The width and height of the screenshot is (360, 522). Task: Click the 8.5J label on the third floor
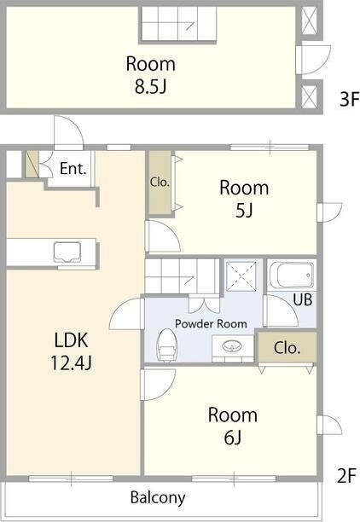click(x=150, y=86)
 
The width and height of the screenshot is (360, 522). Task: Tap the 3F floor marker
click(x=350, y=99)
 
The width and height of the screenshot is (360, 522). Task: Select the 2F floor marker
click(x=346, y=475)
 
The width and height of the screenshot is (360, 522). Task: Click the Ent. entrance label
click(x=73, y=168)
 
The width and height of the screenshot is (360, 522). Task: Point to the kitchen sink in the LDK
click(x=67, y=252)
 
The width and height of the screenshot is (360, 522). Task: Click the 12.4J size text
click(x=71, y=362)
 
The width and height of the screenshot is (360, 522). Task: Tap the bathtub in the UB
click(x=292, y=275)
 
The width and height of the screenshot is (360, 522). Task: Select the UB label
click(x=303, y=299)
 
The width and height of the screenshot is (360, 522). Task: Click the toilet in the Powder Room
click(x=166, y=345)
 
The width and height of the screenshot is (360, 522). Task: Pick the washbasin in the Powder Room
click(x=231, y=347)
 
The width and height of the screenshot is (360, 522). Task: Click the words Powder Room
click(x=211, y=323)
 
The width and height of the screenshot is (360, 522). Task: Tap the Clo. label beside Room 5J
click(x=160, y=182)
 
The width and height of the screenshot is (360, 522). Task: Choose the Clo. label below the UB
click(x=287, y=348)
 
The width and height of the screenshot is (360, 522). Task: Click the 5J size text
click(x=244, y=211)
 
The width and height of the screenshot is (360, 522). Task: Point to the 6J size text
click(x=232, y=438)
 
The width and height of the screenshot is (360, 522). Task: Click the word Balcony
click(x=158, y=498)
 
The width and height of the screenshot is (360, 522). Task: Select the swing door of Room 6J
click(x=158, y=385)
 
